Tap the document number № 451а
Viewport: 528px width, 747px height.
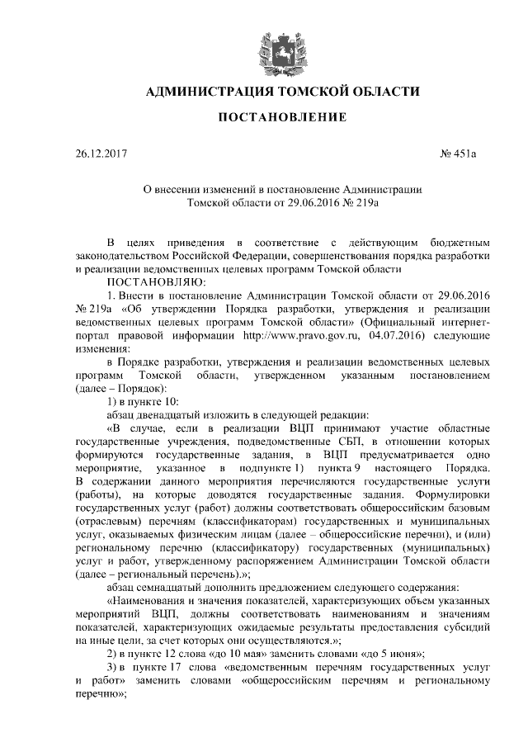pos(455,154)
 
